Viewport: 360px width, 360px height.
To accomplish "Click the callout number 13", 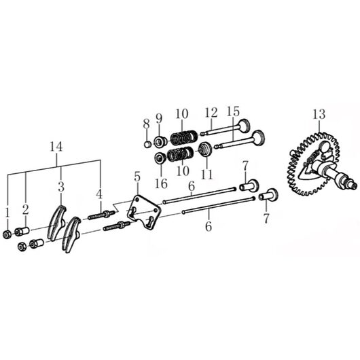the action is point(319,114).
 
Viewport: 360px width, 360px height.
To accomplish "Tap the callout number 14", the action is point(56,147).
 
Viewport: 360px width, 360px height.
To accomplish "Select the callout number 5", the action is point(137,177).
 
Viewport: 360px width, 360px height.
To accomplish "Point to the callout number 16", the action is point(161,183).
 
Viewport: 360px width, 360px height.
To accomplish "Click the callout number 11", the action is point(207,175).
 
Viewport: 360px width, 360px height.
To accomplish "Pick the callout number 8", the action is point(146,124).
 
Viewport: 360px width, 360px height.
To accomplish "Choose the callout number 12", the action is point(211,113).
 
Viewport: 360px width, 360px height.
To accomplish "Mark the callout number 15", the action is point(233,111).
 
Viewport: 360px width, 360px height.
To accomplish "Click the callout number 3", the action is point(61,187).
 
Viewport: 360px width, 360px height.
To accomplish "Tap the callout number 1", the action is point(7,213).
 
